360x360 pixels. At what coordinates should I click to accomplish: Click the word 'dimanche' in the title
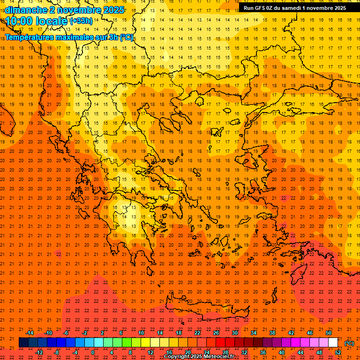click(x=25, y=10)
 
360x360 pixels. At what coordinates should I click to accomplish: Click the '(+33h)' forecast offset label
click(x=81, y=21)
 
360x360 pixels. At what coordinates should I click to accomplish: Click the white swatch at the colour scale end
click(x=333, y=343)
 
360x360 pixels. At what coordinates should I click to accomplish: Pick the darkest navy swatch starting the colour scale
click(x=23, y=343)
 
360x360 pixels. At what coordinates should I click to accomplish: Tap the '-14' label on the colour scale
click(x=30, y=333)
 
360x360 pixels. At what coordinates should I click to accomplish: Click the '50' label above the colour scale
click(x=329, y=333)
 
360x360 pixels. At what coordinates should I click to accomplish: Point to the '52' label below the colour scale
click(x=338, y=352)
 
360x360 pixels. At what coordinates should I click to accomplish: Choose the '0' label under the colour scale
click(x=93, y=352)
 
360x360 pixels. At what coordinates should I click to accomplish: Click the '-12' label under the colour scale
click(x=39, y=352)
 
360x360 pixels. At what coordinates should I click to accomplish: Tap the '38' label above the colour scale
click(x=272, y=333)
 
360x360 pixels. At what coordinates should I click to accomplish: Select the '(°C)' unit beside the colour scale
click(x=349, y=343)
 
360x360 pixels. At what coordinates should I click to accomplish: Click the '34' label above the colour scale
click(x=254, y=333)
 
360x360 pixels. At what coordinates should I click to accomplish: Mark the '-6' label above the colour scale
click(x=66, y=333)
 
